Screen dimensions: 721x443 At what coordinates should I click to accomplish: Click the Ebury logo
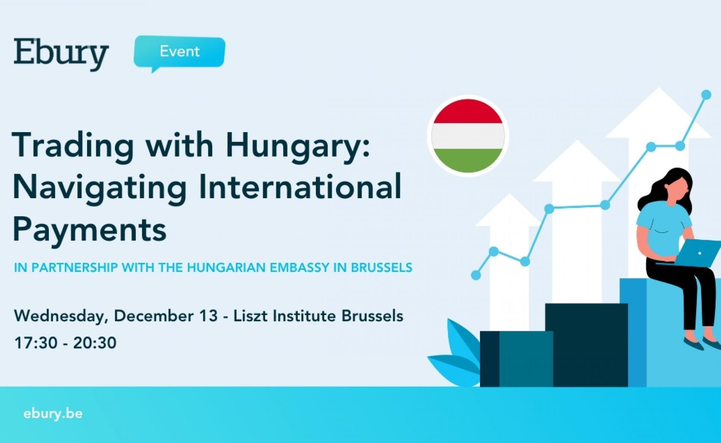(x=61, y=54)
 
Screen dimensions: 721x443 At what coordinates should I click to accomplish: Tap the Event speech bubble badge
(x=179, y=52)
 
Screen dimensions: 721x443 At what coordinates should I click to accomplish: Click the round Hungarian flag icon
(x=468, y=136)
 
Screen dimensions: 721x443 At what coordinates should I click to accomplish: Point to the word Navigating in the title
(x=100, y=188)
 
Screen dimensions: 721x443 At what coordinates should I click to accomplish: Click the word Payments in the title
(x=90, y=229)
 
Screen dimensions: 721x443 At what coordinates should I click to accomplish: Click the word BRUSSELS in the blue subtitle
(x=382, y=267)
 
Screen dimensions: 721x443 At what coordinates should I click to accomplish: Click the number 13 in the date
(x=208, y=316)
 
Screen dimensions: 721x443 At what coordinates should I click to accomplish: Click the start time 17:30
(x=36, y=343)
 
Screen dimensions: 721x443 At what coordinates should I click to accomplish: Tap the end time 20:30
(x=95, y=343)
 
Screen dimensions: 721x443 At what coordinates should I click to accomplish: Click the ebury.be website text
(x=53, y=413)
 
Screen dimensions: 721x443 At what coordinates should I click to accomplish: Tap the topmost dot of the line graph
(x=706, y=95)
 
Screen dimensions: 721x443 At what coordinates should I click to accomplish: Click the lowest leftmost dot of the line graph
(x=476, y=275)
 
